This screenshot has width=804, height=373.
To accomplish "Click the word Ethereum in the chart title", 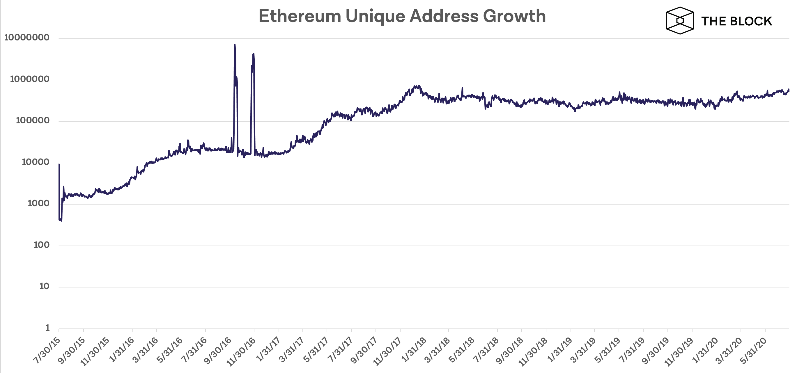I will (x=300, y=16).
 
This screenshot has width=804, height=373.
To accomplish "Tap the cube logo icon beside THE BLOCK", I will (x=680, y=21).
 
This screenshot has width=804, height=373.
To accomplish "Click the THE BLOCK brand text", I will (x=736, y=21).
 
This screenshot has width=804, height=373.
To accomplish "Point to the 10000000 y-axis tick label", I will (x=27, y=38).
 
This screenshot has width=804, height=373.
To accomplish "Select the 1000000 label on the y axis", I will (x=30, y=79).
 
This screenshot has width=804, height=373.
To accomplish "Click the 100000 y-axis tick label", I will (x=33, y=121).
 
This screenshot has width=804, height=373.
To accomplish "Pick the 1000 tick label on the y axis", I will (x=38, y=204).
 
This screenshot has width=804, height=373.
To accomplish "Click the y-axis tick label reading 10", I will (x=44, y=287).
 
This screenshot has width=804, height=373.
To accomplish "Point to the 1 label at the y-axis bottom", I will (x=47, y=328).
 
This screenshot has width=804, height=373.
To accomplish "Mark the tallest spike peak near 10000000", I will (x=235, y=45).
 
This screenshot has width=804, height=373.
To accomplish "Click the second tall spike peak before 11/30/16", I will (x=254, y=54).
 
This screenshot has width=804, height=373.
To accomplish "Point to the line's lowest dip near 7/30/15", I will (x=61, y=221).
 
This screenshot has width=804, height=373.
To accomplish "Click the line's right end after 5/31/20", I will (x=789, y=90).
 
